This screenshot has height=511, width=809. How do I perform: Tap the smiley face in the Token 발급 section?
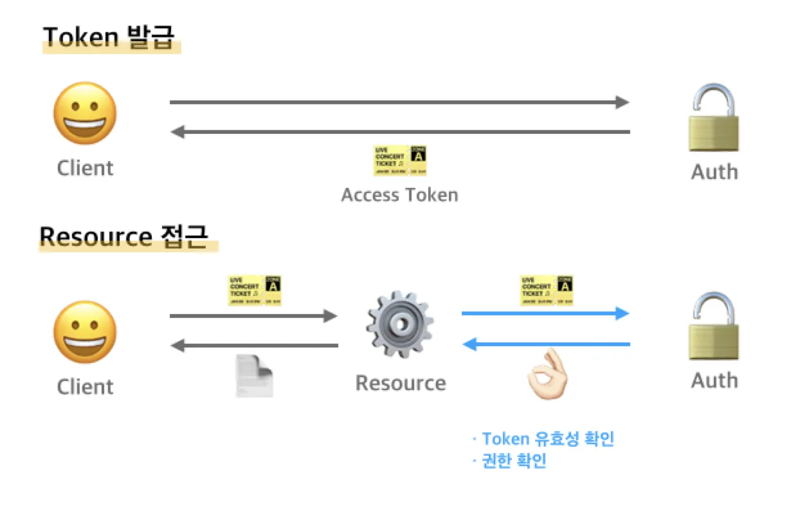pos(85,113)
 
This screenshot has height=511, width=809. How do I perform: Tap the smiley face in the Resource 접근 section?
pos(85,332)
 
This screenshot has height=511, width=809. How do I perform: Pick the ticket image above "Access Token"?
pos(400,160)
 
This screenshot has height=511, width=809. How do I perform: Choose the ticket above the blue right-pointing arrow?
pos(546,290)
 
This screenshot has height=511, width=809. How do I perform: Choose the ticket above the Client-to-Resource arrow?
pos(255,290)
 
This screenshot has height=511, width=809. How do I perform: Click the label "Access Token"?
pos(399,194)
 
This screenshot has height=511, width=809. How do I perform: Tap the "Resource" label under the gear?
pos(400,383)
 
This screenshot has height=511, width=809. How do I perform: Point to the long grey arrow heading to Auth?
pos(399,102)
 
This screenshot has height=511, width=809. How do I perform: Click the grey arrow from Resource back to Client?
pos(255,346)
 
